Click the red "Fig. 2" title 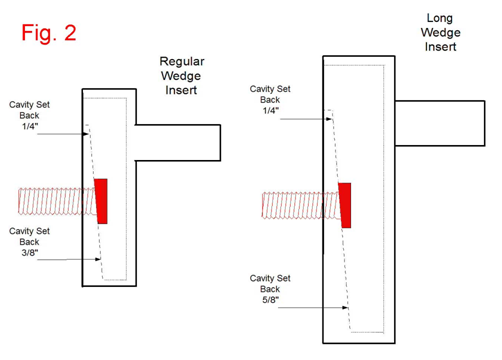click(x=49, y=32)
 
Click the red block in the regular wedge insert click(x=101, y=201)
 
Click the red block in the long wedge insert click(x=345, y=205)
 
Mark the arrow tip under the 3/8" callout click(x=100, y=260)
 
